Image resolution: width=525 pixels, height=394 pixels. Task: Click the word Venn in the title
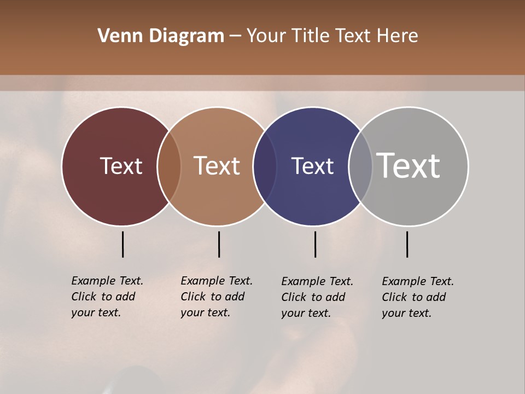tap(117, 36)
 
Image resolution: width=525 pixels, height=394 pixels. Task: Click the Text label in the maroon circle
tap(121, 166)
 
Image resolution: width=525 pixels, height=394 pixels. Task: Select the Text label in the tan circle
tap(217, 166)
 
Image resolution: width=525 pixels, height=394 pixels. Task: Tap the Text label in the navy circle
tap(312, 166)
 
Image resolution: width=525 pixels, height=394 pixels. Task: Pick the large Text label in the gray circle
tap(409, 166)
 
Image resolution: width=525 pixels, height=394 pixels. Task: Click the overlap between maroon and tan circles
tap(169, 166)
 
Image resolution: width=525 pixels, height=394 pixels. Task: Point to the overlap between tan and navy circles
tap(265, 166)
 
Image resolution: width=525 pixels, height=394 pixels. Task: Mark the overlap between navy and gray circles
tap(360, 166)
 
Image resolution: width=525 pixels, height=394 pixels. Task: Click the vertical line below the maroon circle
tap(122, 244)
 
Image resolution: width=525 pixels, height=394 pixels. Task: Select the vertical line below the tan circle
tap(219, 244)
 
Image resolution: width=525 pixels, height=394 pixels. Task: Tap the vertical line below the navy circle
tap(315, 244)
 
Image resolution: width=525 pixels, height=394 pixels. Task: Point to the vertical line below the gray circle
tap(407, 244)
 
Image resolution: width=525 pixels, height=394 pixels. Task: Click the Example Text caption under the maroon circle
tap(107, 297)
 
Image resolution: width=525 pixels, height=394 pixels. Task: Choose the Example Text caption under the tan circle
tap(217, 297)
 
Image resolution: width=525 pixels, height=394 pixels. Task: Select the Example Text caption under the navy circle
tap(317, 297)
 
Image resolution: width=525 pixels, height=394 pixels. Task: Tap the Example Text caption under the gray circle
tap(418, 297)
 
